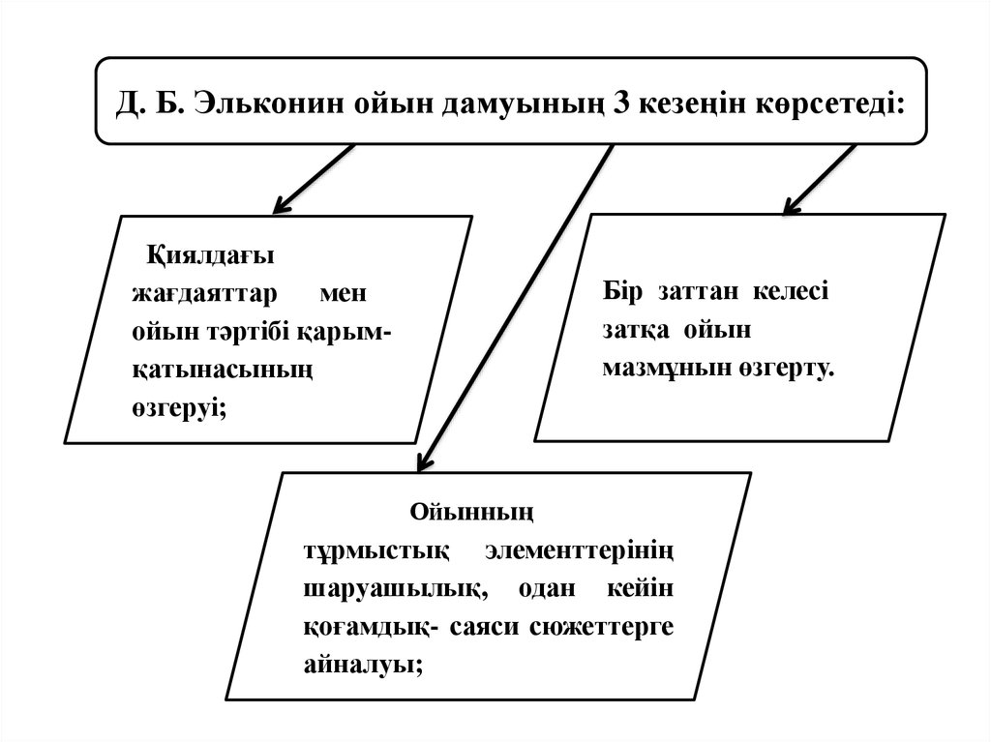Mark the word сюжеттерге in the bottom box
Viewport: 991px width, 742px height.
point(602,626)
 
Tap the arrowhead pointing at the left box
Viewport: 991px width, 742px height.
point(282,204)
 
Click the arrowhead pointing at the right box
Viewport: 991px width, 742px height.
point(792,205)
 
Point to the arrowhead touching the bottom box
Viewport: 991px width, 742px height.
point(424,461)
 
